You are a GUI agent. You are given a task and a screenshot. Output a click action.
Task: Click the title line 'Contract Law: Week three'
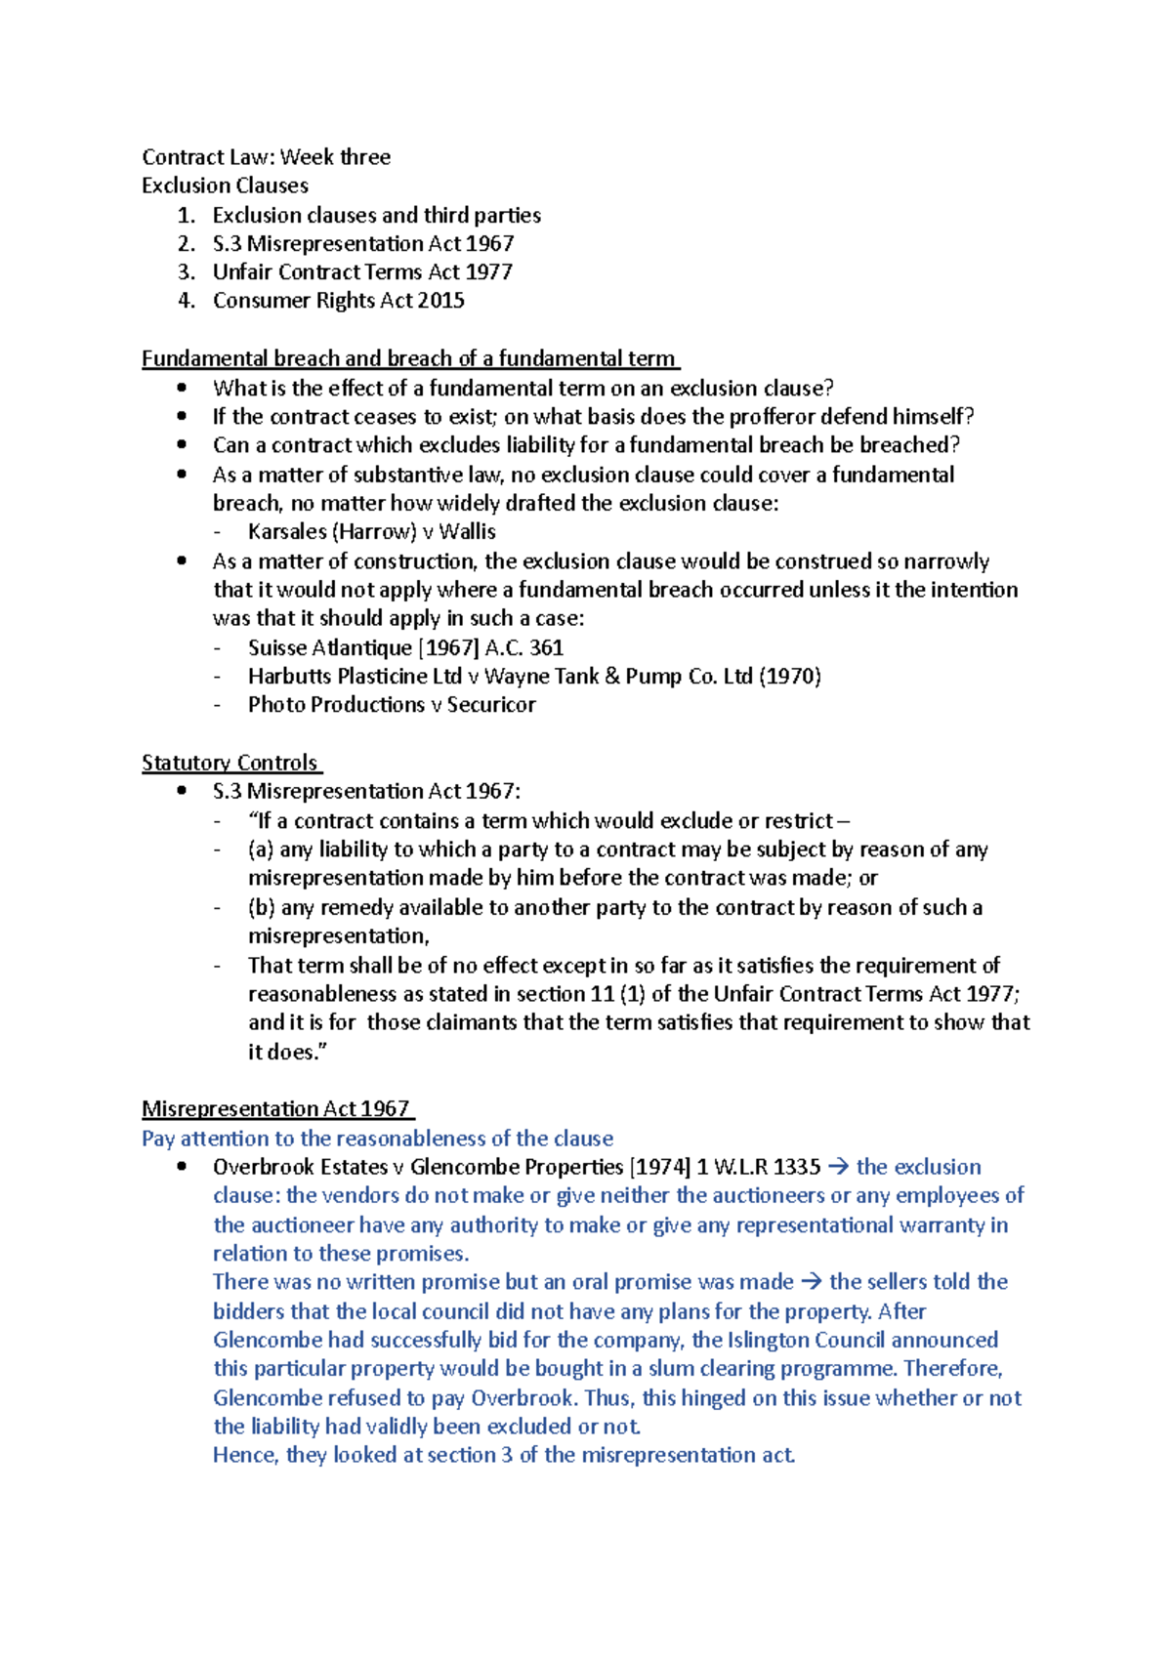[x=266, y=157]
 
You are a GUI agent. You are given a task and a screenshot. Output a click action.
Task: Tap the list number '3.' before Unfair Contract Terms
[x=187, y=272]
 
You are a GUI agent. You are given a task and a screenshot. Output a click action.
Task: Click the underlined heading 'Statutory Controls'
[x=230, y=763]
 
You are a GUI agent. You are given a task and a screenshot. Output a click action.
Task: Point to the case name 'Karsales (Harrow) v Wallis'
[x=371, y=532]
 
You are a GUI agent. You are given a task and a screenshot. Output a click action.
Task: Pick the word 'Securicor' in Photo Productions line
[x=491, y=705]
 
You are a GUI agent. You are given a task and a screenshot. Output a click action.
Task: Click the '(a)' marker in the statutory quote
[x=261, y=850]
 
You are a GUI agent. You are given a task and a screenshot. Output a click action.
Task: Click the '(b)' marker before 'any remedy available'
[x=261, y=908]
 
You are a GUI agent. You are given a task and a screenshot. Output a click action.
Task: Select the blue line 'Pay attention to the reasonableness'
[x=377, y=1139]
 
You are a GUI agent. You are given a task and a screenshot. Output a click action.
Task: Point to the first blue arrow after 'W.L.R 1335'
[x=838, y=1168]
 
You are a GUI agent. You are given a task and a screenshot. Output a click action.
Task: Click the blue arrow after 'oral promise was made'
[x=812, y=1282]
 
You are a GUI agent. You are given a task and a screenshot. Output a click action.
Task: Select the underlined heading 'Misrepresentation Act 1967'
[x=276, y=1109]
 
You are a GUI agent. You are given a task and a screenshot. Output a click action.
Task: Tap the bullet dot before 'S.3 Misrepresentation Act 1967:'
[x=182, y=792]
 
